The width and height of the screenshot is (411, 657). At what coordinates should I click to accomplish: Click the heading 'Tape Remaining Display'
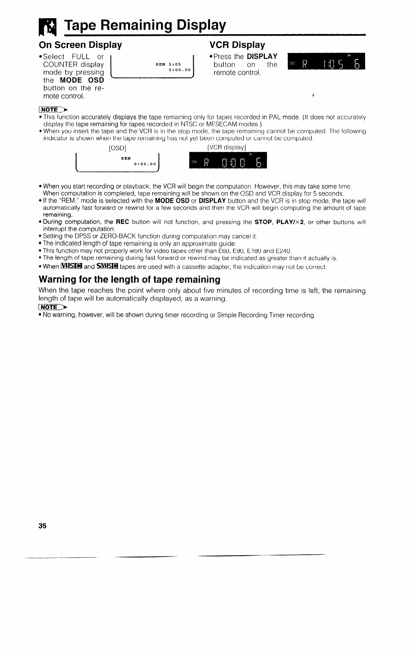(145, 25)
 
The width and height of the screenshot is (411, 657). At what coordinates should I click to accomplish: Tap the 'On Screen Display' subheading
(80, 45)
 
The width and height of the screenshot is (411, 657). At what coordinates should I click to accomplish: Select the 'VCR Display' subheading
(237, 45)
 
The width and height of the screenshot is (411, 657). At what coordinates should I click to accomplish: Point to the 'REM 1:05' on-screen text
(168, 64)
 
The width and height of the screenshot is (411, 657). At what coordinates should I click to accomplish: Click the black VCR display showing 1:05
(326, 61)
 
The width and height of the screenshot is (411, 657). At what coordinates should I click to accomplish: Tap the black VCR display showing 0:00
(228, 161)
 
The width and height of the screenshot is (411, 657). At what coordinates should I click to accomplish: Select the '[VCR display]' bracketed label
(226, 147)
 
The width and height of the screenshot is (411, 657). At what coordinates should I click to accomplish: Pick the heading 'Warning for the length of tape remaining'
(129, 280)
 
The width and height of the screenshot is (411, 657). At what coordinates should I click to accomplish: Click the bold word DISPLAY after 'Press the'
(262, 57)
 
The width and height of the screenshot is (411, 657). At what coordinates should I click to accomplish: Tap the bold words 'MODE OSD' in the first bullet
(82, 80)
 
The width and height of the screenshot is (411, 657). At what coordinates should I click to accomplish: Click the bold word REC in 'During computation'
(123, 222)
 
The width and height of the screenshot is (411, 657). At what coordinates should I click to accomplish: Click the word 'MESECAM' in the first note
(221, 124)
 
